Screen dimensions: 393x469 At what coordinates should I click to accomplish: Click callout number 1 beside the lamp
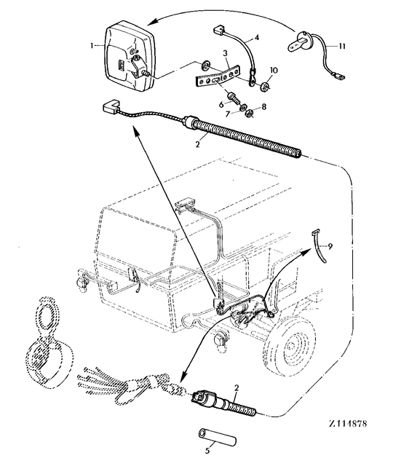pyautogui.click(x=92, y=45)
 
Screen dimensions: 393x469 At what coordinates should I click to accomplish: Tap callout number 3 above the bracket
pyautogui.click(x=225, y=53)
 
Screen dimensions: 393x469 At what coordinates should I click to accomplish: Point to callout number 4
pyautogui.click(x=257, y=37)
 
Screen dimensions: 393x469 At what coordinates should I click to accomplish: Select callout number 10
pyautogui.click(x=274, y=71)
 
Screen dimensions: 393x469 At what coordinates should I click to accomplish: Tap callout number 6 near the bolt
pyautogui.click(x=221, y=104)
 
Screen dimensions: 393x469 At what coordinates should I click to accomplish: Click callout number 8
pyautogui.click(x=263, y=107)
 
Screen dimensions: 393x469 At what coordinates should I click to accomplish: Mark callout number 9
pyautogui.click(x=330, y=246)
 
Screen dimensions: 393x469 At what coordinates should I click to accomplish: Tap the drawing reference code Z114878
pyautogui.click(x=348, y=424)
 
